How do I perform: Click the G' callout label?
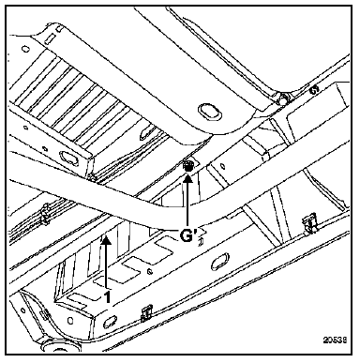tap(187, 235)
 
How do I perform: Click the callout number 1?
tap(107, 296)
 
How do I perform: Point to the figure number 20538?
tap(335, 340)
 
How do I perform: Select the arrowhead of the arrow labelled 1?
tap(106, 239)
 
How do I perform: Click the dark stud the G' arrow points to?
tap(188, 165)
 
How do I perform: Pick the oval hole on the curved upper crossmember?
tap(210, 112)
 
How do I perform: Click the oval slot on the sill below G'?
tap(220, 262)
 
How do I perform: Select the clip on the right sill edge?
tap(309, 223)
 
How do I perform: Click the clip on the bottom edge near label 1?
tap(146, 313)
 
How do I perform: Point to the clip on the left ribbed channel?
tap(46, 214)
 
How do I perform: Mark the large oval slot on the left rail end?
tap(68, 157)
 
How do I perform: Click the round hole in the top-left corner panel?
tap(25, 49)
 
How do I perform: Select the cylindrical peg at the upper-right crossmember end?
tap(284, 98)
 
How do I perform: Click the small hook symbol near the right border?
tap(313, 90)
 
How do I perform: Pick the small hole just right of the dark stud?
tap(222, 165)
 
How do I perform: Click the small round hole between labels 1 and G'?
tap(151, 271)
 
